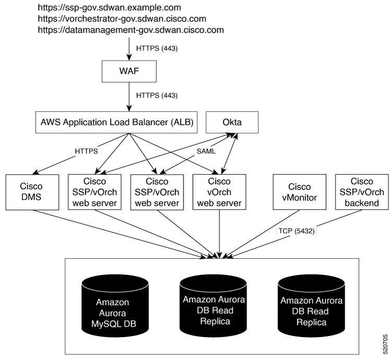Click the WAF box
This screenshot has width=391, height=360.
(x=129, y=71)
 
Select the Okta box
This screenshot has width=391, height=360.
(x=232, y=122)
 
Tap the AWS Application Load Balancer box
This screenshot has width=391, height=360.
(x=116, y=122)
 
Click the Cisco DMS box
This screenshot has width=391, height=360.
(x=32, y=192)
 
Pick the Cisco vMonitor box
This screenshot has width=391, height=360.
(x=299, y=192)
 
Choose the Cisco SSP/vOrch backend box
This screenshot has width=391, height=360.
(x=362, y=192)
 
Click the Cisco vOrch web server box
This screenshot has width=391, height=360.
(x=219, y=192)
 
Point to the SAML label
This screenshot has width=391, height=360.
(x=206, y=151)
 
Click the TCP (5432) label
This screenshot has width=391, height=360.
(x=297, y=231)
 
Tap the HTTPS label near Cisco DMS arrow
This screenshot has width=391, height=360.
(x=86, y=151)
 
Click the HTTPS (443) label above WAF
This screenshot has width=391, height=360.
(x=157, y=48)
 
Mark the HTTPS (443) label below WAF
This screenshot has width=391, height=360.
(x=157, y=95)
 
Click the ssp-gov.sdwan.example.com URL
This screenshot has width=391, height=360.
(x=109, y=7)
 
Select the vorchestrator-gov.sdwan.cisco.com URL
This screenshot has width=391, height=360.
(x=122, y=19)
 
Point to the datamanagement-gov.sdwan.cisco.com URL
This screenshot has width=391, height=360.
(x=131, y=30)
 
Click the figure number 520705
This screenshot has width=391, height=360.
(x=385, y=344)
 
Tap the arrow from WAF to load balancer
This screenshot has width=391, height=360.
(x=129, y=97)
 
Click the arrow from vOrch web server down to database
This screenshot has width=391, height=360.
(x=219, y=234)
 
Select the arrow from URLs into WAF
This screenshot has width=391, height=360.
(x=129, y=49)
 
